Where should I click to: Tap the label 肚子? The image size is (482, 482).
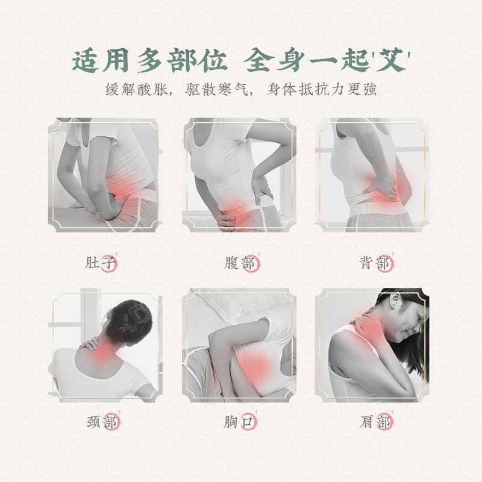101,263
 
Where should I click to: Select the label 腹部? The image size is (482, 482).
239,263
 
